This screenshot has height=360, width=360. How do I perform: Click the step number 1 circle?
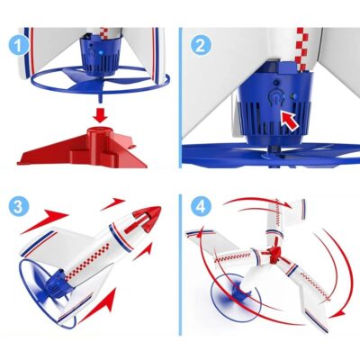click(x=18, y=45)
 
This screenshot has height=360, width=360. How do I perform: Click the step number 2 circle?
click(x=201, y=45)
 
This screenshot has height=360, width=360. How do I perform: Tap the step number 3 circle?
click(x=18, y=207)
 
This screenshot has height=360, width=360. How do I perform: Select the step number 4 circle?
click(x=201, y=207)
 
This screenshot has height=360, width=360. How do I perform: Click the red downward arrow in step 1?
click(x=100, y=115)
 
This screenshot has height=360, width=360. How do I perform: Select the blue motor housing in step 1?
click(x=100, y=55)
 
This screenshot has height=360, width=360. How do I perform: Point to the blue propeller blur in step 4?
click(x=236, y=296)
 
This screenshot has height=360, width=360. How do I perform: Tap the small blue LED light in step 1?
click(x=101, y=52)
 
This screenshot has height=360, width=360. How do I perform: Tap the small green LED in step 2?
click(x=294, y=96)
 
